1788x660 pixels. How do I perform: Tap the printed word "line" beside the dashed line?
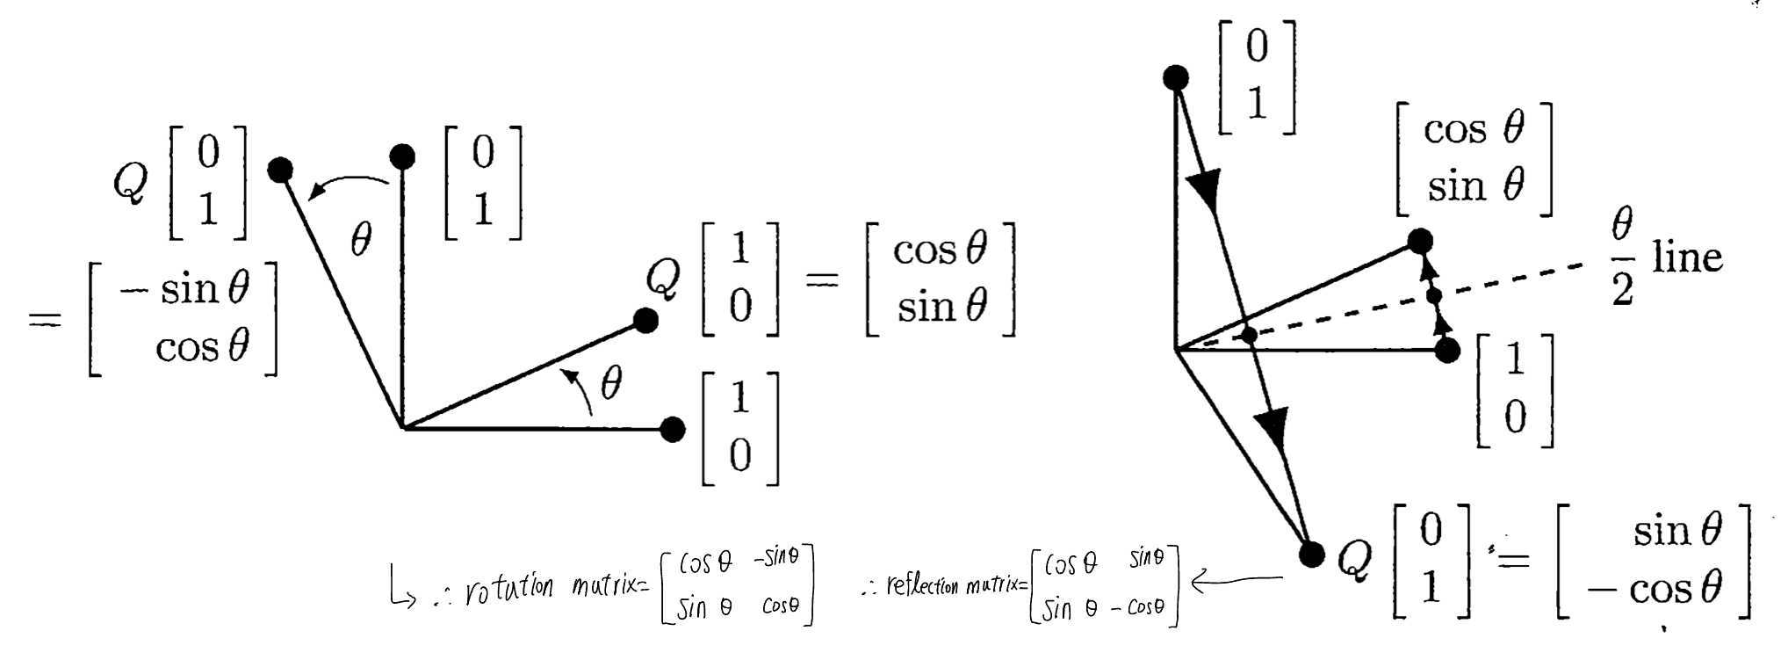point(1687,257)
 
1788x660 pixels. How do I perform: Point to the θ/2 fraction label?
point(1622,259)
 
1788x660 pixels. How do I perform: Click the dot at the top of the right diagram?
point(1175,78)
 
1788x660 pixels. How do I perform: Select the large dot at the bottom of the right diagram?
point(1310,555)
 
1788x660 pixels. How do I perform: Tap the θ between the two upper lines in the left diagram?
point(361,238)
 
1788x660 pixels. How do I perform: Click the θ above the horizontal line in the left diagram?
point(610,384)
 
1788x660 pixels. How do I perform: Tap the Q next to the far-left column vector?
point(131,183)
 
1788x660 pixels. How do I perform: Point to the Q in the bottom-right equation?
point(1354,560)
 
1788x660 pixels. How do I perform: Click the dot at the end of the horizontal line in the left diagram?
point(673,430)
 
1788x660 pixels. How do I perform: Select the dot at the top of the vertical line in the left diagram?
point(402,157)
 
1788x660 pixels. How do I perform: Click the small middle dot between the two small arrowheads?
point(1434,295)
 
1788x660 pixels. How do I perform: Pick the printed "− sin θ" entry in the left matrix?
point(184,288)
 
